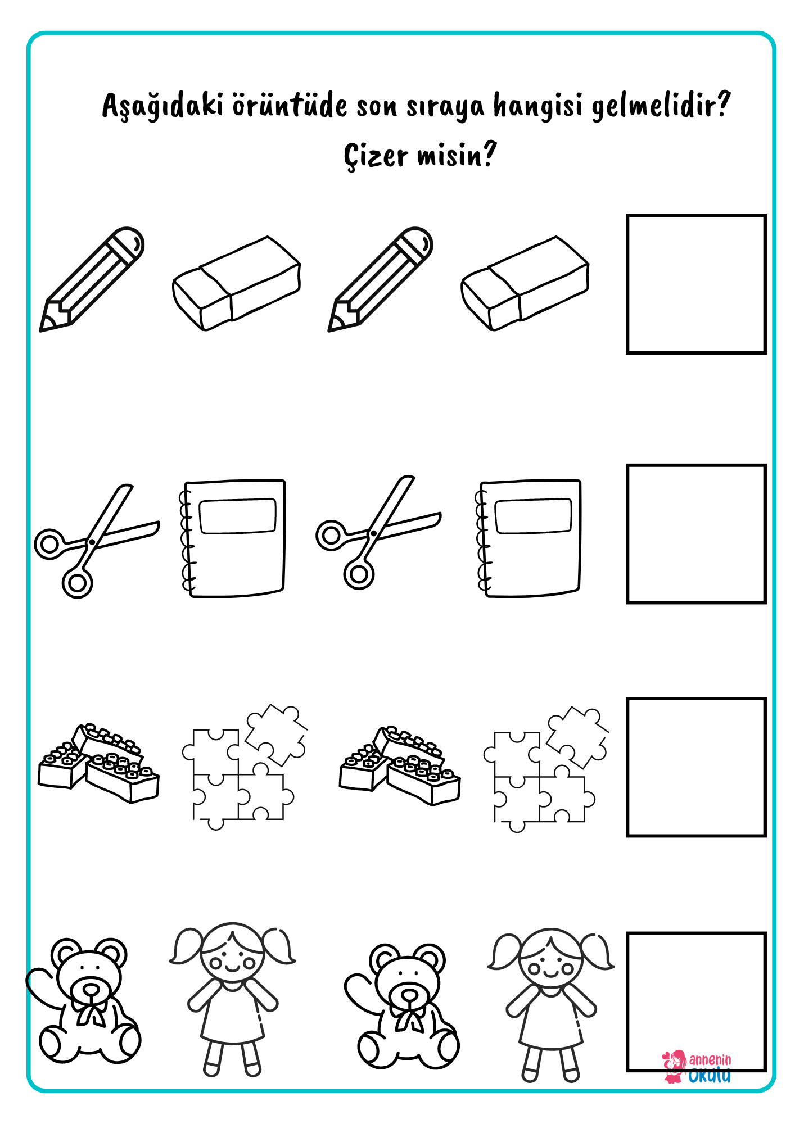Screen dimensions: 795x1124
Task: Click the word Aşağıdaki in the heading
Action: point(163,106)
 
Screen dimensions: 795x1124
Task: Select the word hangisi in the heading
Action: point(537,106)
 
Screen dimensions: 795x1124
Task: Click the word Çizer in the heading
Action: point(376,155)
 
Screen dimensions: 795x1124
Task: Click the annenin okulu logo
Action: point(697,1067)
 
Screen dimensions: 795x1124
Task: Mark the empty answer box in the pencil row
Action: point(696,215)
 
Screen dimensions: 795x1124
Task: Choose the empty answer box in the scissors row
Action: point(696,466)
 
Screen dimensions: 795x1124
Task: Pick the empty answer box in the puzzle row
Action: point(696,699)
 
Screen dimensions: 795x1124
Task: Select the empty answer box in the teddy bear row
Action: point(696,934)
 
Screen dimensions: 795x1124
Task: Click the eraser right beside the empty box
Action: point(525,283)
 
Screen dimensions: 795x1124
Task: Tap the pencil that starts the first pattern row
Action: point(92,279)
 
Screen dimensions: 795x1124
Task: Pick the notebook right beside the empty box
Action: point(529,538)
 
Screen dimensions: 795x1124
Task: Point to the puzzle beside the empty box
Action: point(545,769)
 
